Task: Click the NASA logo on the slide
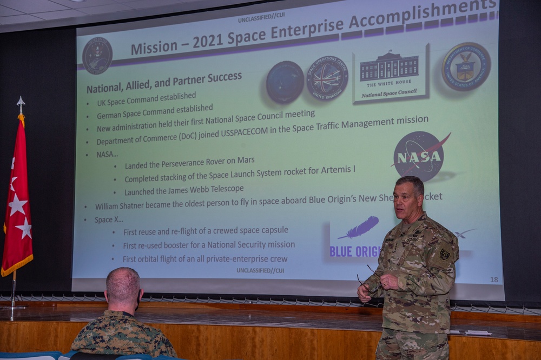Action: (419, 156)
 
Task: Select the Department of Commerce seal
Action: (466, 66)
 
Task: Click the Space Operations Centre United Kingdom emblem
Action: (327, 78)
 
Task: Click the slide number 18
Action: (494, 279)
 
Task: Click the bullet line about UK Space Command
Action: (146, 99)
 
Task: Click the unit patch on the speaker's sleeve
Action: (445, 254)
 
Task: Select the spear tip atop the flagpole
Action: (21, 103)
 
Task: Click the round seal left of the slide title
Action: (97, 56)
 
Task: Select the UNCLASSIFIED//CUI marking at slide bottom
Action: (260, 270)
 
